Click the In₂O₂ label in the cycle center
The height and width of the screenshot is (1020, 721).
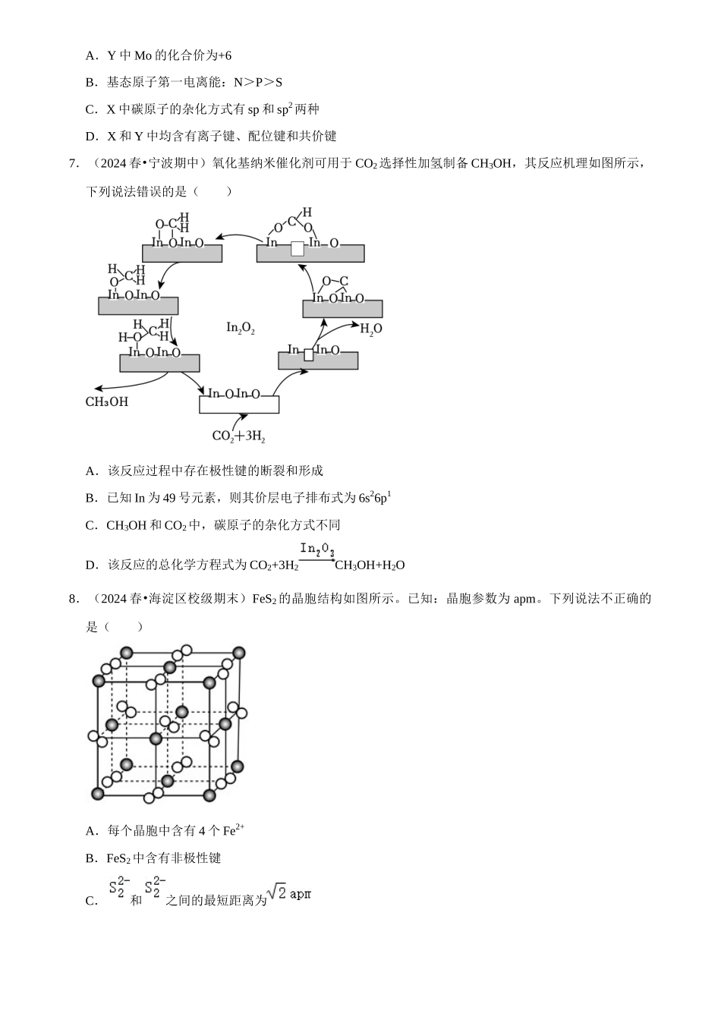click(240, 328)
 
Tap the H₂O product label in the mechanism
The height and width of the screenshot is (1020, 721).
click(370, 329)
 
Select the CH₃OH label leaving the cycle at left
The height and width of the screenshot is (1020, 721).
click(107, 401)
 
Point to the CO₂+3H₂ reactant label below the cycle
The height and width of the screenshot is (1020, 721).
click(238, 436)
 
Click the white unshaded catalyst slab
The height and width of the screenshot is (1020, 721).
click(239, 405)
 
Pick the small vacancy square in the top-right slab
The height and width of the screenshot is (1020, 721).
click(298, 248)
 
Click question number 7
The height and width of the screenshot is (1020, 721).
click(74, 163)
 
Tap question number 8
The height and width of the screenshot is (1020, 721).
click(74, 599)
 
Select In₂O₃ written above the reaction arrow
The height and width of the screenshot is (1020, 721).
click(317, 549)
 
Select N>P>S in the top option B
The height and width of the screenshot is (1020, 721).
click(258, 82)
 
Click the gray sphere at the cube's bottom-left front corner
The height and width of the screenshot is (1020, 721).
click(98, 793)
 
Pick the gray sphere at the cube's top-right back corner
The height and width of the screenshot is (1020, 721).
click(239, 653)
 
